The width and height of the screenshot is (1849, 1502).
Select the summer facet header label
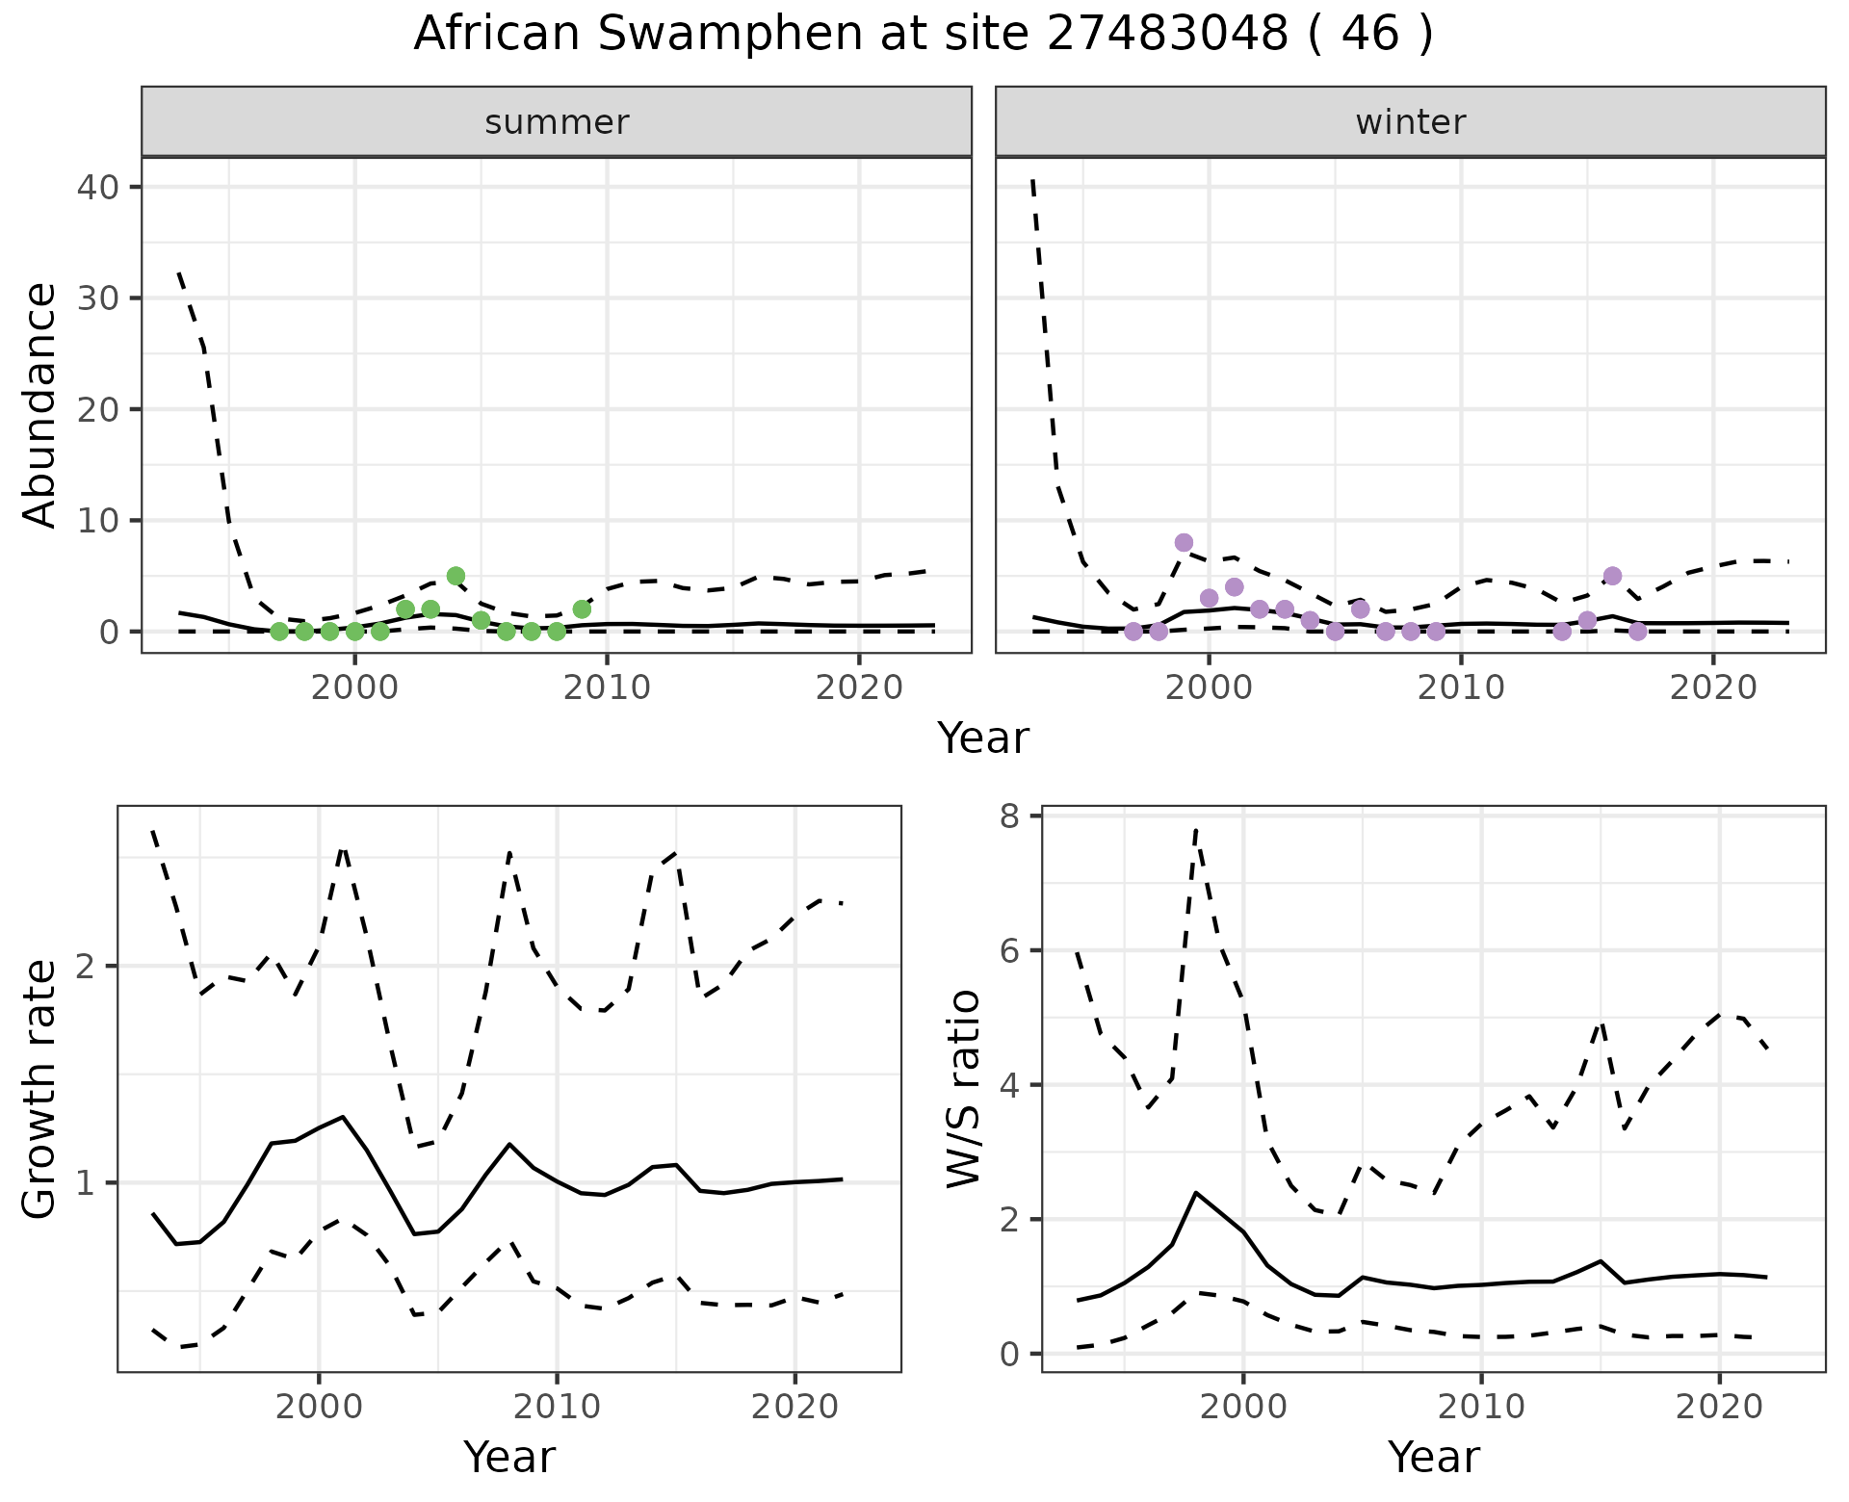[x=557, y=122]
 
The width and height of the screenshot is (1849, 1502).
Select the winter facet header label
[x=1410, y=122]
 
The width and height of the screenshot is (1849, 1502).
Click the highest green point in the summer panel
[x=456, y=576]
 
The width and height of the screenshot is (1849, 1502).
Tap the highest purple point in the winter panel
[x=1184, y=542]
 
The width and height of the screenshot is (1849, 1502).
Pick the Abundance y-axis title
[x=40, y=405]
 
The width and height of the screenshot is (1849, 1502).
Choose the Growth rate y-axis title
[x=40, y=1090]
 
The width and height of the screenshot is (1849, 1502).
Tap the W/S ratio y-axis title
[x=964, y=1089]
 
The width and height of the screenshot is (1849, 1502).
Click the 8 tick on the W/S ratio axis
[x=1010, y=816]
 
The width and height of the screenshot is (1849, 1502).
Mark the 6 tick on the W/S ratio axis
[x=1010, y=950]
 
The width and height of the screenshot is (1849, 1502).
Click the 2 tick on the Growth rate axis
[x=88, y=966]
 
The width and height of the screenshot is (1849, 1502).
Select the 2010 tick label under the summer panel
[x=607, y=688]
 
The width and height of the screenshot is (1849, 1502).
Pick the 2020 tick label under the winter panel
[x=1713, y=688]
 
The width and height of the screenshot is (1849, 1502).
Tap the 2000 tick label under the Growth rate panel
[x=319, y=1407]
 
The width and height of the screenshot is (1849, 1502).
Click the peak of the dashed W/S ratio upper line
[x=1195, y=828]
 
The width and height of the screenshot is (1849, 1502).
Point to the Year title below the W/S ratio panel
[x=1433, y=1458]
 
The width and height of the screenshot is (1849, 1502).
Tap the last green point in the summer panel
[x=582, y=609]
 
